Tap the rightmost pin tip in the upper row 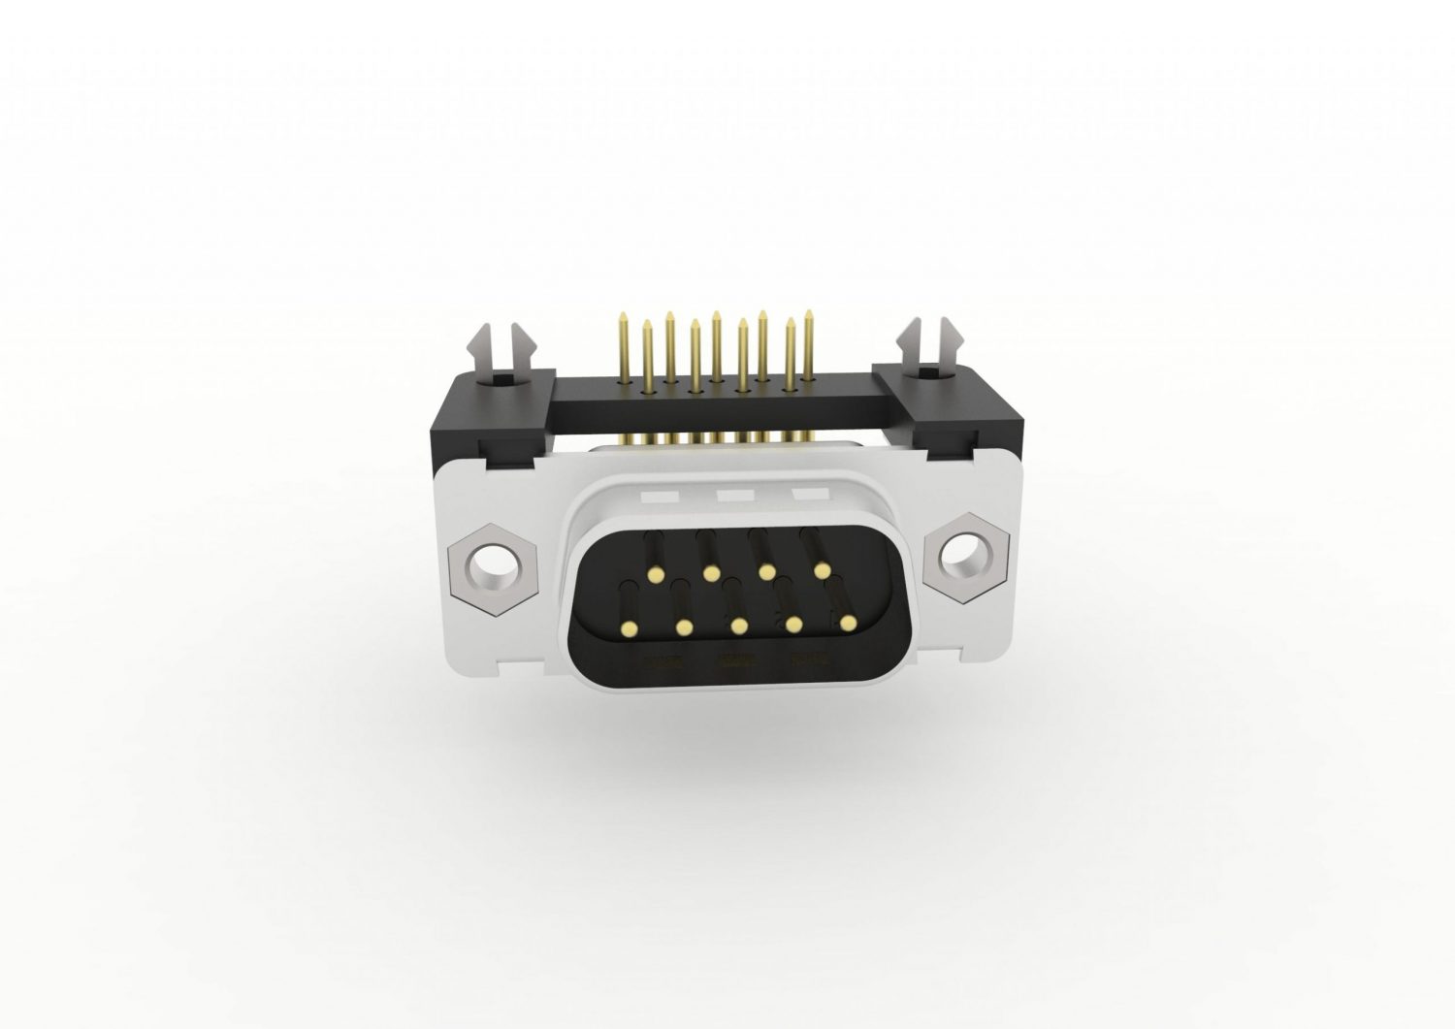coord(824,570)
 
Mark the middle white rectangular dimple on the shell coord(735,496)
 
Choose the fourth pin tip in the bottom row coord(794,625)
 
